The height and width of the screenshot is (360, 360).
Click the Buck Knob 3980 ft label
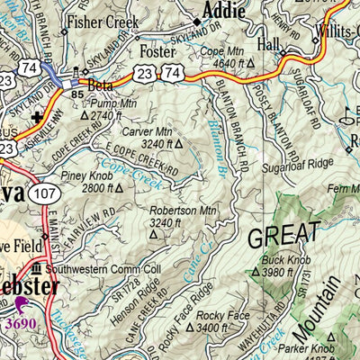(283, 267)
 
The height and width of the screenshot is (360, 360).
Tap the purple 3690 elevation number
(23, 323)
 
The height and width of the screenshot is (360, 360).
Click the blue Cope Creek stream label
(121, 167)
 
